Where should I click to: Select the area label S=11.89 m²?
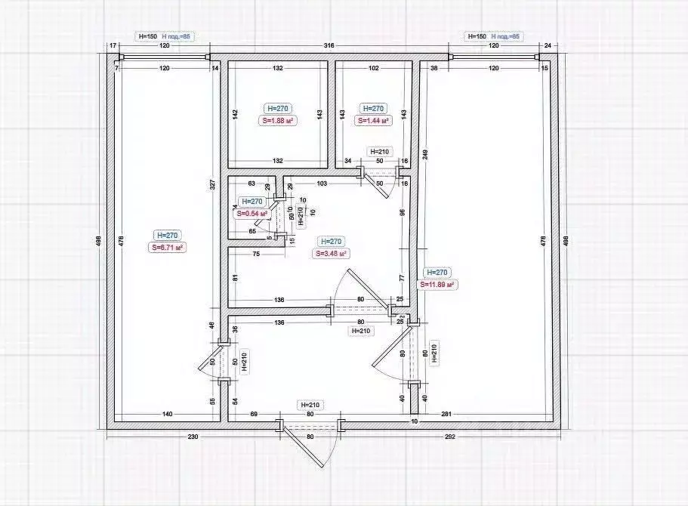[439, 285]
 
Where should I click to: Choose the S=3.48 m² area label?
[330, 254]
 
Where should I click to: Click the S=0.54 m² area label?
[253, 214]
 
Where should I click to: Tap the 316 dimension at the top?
[329, 47]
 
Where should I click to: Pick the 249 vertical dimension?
[425, 156]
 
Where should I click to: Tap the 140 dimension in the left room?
[167, 414]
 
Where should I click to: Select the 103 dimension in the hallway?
[322, 184]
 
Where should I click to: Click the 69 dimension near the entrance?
[254, 414]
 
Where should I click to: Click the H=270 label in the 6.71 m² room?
[168, 235]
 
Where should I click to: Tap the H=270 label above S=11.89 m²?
[438, 273]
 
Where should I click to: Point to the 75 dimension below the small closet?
[257, 255]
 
